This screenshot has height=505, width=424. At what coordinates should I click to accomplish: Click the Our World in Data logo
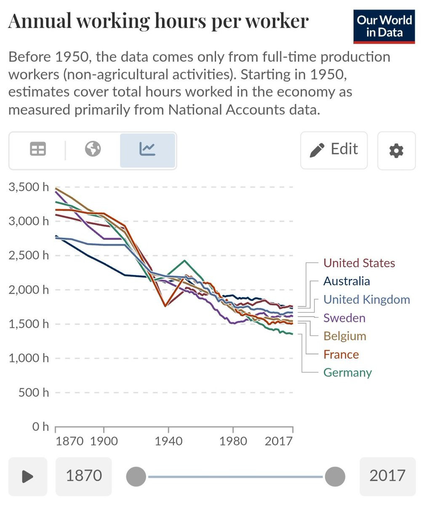tap(384, 26)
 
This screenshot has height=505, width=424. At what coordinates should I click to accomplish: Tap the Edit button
tap(334, 150)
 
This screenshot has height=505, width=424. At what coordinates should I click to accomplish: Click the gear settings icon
tap(396, 150)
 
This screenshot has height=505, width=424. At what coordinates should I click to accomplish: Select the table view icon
tap(38, 149)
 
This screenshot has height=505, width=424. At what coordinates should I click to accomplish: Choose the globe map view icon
tap(93, 149)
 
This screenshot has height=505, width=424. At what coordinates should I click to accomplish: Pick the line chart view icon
tap(147, 149)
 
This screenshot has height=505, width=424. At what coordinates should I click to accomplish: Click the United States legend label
tap(359, 263)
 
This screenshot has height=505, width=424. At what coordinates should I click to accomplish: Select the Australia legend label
tap(347, 281)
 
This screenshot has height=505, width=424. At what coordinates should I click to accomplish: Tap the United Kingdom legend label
tap(366, 300)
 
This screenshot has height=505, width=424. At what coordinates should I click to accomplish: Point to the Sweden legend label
tap(344, 318)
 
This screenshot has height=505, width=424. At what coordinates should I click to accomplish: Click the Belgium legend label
tap(345, 336)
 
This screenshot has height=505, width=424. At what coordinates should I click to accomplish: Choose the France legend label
tap(341, 354)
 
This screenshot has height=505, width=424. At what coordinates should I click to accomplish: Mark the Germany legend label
tap(347, 372)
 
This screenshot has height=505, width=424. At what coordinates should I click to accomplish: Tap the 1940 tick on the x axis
tap(168, 441)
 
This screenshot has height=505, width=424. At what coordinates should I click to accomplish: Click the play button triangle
tap(28, 476)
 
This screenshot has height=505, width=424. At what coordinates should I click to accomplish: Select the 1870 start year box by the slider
tap(84, 476)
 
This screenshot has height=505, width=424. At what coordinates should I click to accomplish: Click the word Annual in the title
tap(40, 21)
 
